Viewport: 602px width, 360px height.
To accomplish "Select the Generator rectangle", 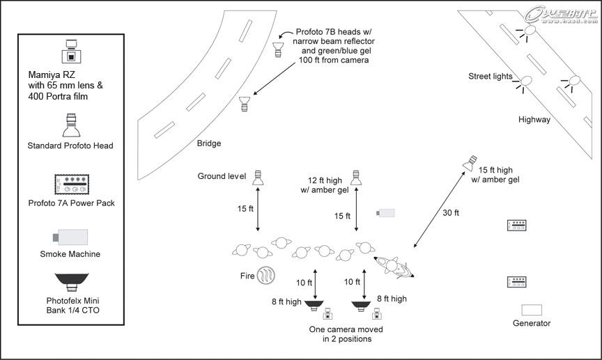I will [x=532, y=309].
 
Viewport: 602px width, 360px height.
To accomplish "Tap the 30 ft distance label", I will [x=451, y=212].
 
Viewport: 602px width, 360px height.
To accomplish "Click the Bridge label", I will [x=208, y=143].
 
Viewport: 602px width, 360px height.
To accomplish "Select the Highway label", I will [x=534, y=119].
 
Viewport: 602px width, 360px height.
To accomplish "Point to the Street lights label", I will [x=491, y=77].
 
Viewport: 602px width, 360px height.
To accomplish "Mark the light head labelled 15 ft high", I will [x=471, y=163].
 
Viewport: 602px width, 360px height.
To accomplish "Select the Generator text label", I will [x=532, y=323].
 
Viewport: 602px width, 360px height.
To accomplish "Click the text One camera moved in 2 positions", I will [x=346, y=334].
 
